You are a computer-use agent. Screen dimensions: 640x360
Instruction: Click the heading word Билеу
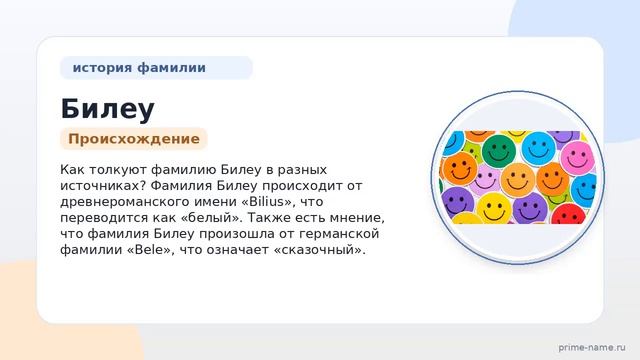[x=107, y=109]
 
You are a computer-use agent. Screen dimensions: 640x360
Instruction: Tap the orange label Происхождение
[x=134, y=139]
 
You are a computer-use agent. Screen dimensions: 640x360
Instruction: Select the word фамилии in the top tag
[x=171, y=68]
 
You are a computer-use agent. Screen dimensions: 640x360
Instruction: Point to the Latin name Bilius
[x=268, y=202]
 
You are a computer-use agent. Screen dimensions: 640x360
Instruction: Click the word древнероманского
[x=116, y=202]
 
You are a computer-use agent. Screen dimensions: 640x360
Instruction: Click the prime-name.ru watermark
[x=591, y=347]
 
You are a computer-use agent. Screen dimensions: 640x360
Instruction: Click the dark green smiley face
[x=498, y=150]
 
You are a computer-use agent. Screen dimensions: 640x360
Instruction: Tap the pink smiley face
[x=577, y=158]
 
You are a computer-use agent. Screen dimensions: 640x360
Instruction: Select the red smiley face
[x=568, y=213]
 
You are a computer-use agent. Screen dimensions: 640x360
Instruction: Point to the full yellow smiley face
[x=494, y=208]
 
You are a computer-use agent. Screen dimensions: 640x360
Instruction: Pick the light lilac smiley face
[x=485, y=180]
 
